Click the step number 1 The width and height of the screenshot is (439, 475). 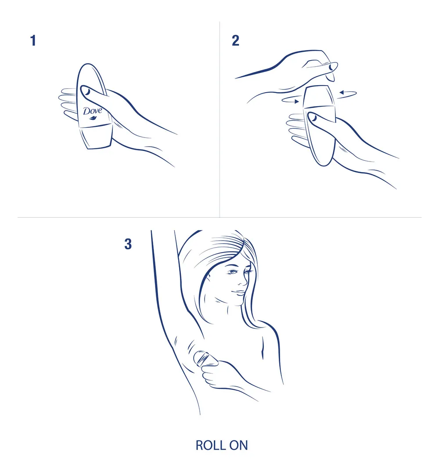(x=33, y=41)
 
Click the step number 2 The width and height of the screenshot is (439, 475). (x=236, y=41)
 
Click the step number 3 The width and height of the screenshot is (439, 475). (x=128, y=245)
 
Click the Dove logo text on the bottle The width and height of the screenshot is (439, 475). (x=92, y=111)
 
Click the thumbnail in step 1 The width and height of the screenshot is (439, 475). (x=87, y=92)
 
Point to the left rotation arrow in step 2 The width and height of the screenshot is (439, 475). (x=291, y=100)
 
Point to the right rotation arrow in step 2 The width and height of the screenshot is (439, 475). (x=347, y=93)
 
